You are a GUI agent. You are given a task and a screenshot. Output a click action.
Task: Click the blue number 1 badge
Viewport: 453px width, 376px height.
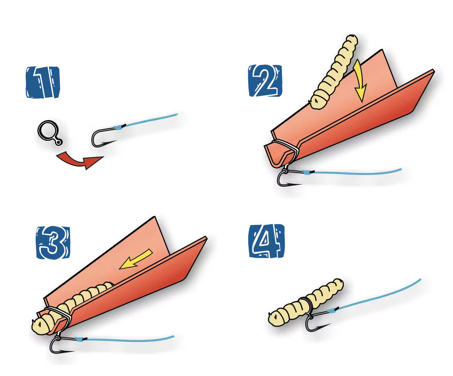43,82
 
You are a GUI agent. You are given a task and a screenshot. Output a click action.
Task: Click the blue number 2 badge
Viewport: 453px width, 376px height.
265,81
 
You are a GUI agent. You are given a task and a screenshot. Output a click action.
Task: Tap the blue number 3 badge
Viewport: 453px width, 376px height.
53,243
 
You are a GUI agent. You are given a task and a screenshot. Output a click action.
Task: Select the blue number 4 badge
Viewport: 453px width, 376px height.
266,241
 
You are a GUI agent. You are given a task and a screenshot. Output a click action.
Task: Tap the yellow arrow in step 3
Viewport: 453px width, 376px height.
136,259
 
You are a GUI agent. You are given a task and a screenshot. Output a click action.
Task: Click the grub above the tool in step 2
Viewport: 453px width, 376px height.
335,71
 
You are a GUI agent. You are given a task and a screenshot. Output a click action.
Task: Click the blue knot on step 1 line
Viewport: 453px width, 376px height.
118,128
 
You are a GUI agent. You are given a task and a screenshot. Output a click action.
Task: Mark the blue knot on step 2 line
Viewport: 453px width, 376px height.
306,173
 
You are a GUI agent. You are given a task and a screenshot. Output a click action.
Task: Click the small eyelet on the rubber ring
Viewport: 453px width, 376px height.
58,142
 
